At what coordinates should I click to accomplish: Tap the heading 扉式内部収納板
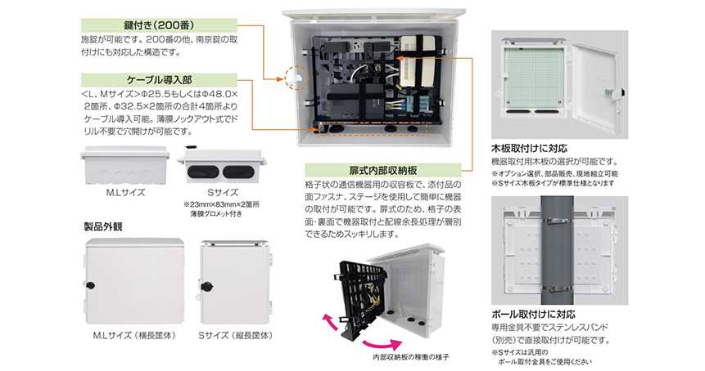point(382,170)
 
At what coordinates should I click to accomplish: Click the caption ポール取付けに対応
point(533,313)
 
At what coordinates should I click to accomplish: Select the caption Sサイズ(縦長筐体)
point(235,336)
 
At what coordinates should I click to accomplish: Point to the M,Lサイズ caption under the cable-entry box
point(122,194)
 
